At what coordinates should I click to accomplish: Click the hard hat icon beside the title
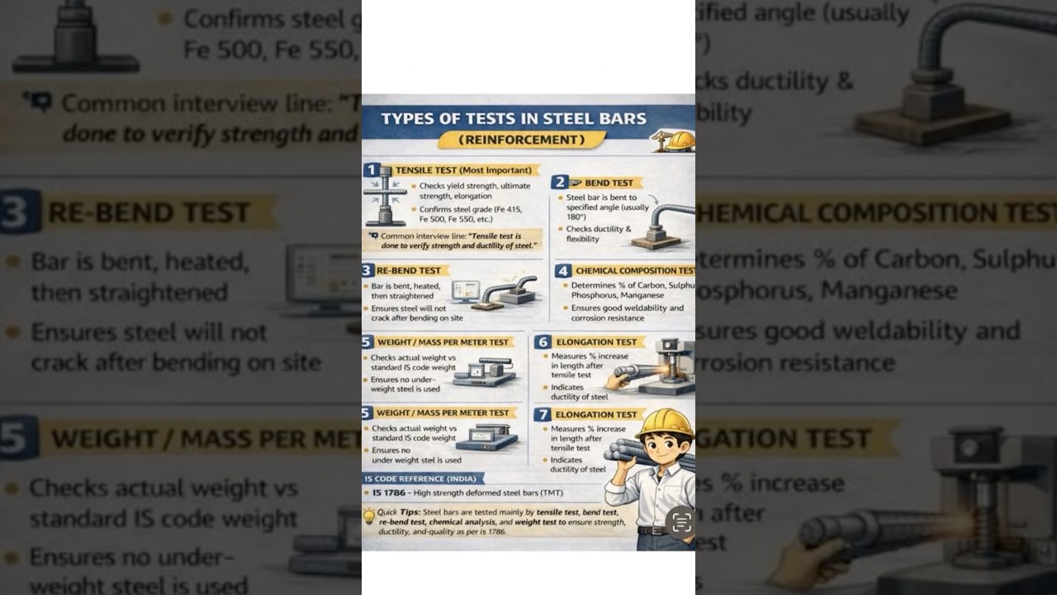pyautogui.click(x=680, y=140)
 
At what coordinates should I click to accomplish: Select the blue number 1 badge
pyautogui.click(x=372, y=170)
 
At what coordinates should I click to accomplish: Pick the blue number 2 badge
pyautogui.click(x=560, y=183)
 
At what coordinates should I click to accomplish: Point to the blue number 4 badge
pyautogui.click(x=562, y=270)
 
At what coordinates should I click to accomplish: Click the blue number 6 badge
pyautogui.click(x=542, y=341)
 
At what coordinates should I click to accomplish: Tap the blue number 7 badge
pyautogui.click(x=542, y=414)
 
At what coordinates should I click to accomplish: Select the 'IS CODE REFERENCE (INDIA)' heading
pyautogui.click(x=422, y=478)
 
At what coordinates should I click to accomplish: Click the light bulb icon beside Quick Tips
pyautogui.click(x=369, y=516)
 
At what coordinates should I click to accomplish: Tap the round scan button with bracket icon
pyautogui.click(x=681, y=522)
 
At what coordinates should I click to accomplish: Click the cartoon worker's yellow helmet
pyautogui.click(x=664, y=423)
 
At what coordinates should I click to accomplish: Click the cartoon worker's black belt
pyautogui.click(x=654, y=530)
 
